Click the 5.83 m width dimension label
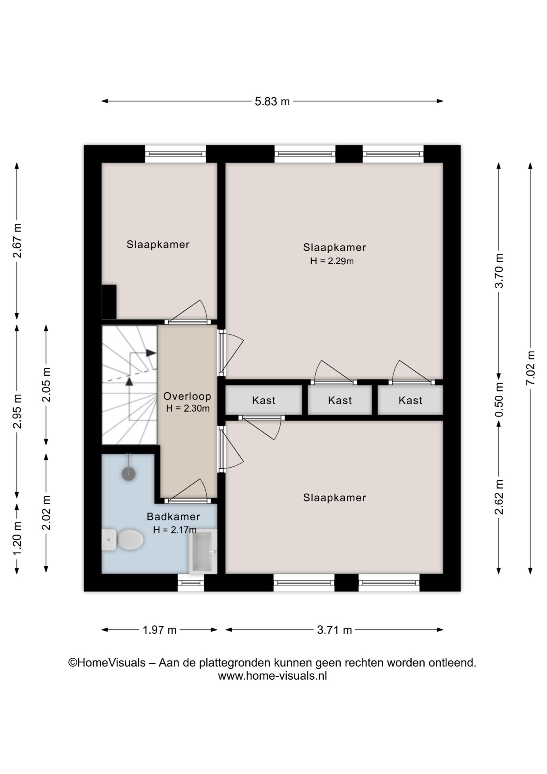coord(272,101)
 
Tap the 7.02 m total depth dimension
coord(530,368)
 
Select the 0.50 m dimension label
coord(499,400)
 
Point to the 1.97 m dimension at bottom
coord(160,630)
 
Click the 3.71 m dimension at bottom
coord(334,630)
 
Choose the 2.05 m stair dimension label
coord(46,385)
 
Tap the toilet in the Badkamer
coord(122,540)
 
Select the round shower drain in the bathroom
coord(128,474)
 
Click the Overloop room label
coord(187,396)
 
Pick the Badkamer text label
coord(173,516)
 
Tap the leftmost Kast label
coord(264,400)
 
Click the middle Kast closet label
coord(340,400)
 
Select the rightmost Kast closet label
coord(410,400)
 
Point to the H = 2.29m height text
coord(332,261)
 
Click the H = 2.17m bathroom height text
coord(175,530)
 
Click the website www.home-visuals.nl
coord(272,676)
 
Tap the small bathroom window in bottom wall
coord(191,583)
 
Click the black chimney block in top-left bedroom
coord(109,302)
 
